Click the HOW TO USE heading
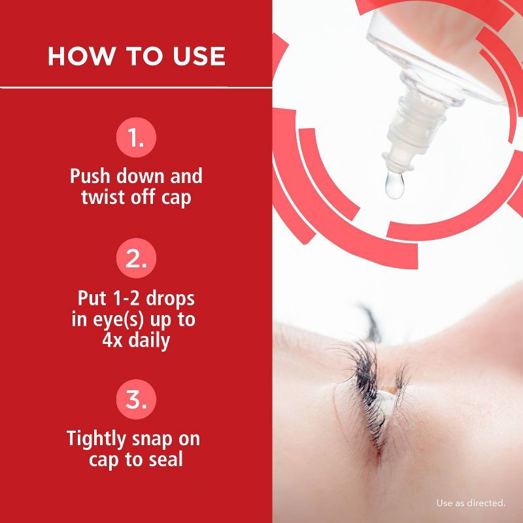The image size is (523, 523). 136,56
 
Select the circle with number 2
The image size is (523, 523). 136,259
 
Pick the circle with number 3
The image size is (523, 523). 136,399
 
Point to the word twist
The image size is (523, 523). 103,197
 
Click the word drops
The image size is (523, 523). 171,299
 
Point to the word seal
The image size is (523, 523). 165,459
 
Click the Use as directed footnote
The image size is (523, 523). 471,503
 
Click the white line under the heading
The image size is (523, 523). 136,86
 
